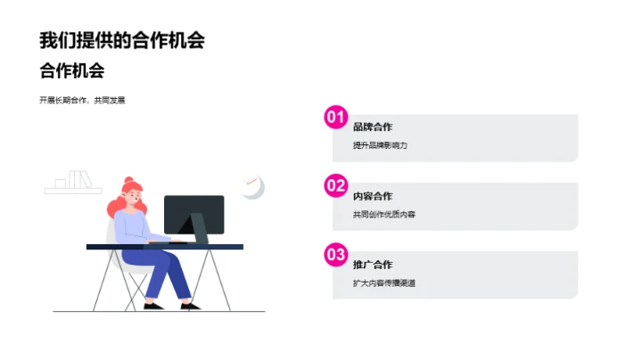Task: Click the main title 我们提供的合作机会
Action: coord(122,40)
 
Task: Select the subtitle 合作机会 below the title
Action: coord(72,71)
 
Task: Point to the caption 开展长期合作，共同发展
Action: coord(82,101)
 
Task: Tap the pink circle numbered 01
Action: coord(335,117)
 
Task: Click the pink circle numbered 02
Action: coord(335,185)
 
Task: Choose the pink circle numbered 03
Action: coord(335,255)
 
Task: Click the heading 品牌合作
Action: coord(373,127)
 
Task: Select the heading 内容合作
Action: coord(373,196)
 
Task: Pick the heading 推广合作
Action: coord(373,265)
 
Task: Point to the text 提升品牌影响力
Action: coord(380,145)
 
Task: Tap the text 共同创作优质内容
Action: coord(384,215)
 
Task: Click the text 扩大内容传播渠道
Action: coord(384,283)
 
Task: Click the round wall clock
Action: coord(252,185)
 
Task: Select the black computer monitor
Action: coord(193,214)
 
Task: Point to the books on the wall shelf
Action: coord(79,180)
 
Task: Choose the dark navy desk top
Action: coord(165,246)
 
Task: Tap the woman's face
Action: coord(135,194)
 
